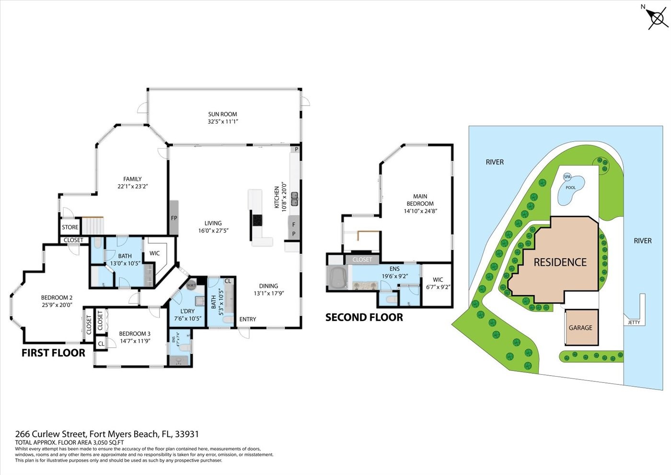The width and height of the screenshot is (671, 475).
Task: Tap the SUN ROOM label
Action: pyautogui.click(x=222, y=114)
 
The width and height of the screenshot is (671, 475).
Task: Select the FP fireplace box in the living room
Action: pyautogui.click(x=174, y=218)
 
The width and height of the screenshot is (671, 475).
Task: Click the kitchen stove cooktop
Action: pyautogui.click(x=257, y=220)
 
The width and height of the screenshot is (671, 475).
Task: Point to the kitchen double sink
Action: pyautogui.click(x=294, y=199)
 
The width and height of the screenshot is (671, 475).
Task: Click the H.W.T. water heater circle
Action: pyautogui.click(x=191, y=285)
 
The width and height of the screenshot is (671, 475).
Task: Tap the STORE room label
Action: pyautogui.click(x=70, y=227)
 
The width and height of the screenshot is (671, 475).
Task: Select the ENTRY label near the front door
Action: pyautogui.click(x=248, y=319)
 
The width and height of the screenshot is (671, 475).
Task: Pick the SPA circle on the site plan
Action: pyautogui.click(x=567, y=177)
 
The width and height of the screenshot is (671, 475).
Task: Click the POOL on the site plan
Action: pyautogui.click(x=570, y=187)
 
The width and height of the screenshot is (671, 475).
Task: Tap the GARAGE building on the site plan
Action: pyautogui.click(x=581, y=328)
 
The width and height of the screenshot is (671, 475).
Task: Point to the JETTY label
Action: pyautogui.click(x=634, y=322)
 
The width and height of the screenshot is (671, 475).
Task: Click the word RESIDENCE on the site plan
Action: pyautogui.click(x=560, y=262)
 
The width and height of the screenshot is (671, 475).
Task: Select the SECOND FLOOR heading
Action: pyautogui.click(x=364, y=317)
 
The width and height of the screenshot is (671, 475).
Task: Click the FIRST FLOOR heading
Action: pyautogui.click(x=53, y=353)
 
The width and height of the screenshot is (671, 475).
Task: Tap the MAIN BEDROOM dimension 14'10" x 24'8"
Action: pyautogui.click(x=420, y=211)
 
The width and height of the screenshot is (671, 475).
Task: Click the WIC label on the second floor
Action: pyautogui.click(x=438, y=280)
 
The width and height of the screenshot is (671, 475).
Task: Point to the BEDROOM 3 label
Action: pyautogui.click(x=135, y=333)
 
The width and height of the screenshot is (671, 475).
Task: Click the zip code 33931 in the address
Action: pyautogui.click(x=187, y=434)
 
